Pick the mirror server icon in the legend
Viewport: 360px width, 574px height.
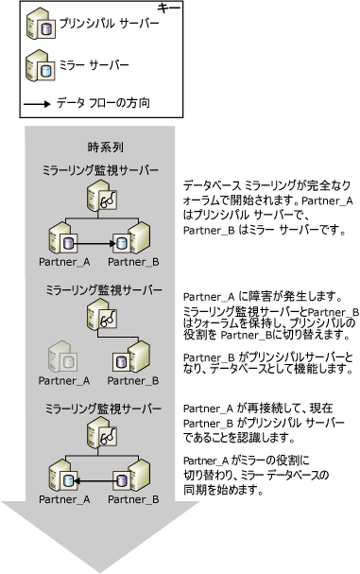pyautogui.click(x=39, y=67)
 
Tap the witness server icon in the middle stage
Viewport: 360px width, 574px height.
pyautogui.click(x=102, y=317)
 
